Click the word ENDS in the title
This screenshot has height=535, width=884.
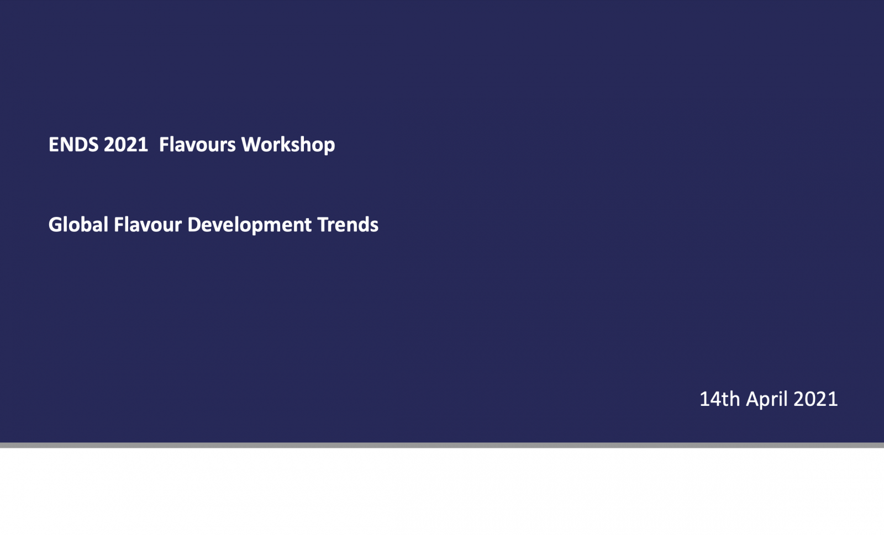(73, 144)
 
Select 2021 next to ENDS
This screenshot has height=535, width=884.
(126, 144)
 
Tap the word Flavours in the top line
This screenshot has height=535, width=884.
(197, 144)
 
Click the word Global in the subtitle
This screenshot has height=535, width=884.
(78, 224)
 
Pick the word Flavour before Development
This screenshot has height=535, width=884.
(148, 224)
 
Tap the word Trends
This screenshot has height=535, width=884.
(348, 224)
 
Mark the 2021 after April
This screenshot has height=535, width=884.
(815, 399)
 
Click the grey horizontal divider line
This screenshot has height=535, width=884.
(442, 445)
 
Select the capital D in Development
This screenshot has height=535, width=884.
(195, 224)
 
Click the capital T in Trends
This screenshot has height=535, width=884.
(324, 224)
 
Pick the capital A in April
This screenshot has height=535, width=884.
(754, 399)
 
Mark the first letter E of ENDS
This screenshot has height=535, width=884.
(54, 144)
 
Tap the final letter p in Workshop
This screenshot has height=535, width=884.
(330, 147)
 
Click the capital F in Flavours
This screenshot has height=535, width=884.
(164, 144)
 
